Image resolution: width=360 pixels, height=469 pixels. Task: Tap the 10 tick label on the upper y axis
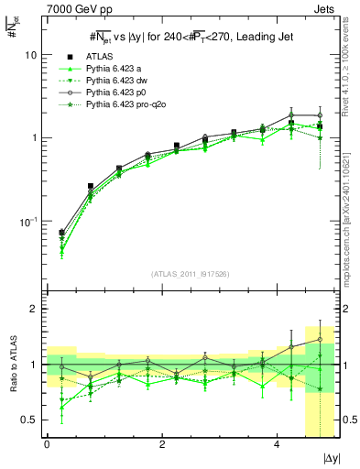coord(31,55)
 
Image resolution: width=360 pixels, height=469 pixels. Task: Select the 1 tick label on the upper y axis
coord(35,138)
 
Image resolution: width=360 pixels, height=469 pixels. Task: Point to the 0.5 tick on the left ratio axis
coord(30,420)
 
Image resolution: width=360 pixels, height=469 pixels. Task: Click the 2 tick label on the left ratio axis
coord(35,309)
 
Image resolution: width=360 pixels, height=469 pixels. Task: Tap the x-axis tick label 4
coord(278,444)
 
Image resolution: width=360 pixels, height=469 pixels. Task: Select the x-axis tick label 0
coord(47,444)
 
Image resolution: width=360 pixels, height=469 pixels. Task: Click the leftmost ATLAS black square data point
coord(61,233)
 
